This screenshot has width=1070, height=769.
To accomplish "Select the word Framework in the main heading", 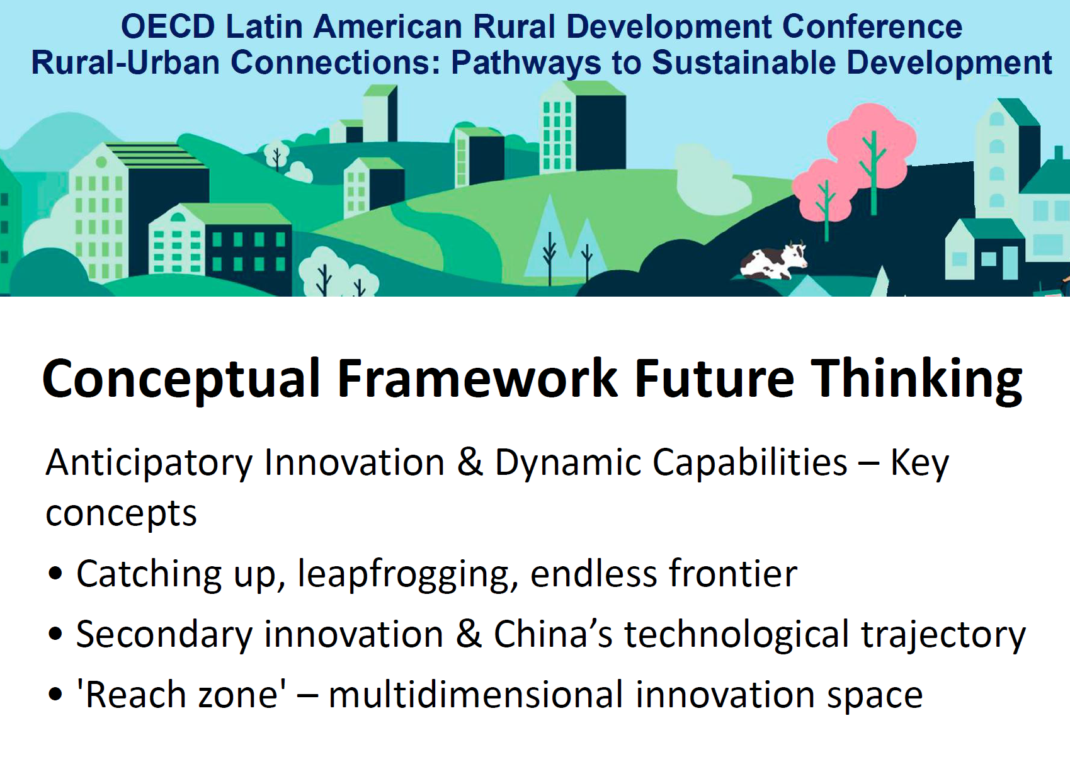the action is click(x=477, y=379).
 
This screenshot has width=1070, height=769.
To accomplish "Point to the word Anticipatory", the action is click(x=149, y=464).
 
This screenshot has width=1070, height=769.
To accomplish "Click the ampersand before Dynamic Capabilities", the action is click(x=470, y=462).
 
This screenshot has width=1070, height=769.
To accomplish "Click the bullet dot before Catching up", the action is click(x=55, y=573).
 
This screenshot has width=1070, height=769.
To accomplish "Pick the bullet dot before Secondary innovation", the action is click(x=55, y=634).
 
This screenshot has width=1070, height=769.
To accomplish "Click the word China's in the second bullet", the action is click(x=553, y=634).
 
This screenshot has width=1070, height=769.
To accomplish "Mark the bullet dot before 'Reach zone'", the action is click(x=55, y=695).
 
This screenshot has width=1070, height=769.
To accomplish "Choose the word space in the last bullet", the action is click(x=875, y=698).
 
